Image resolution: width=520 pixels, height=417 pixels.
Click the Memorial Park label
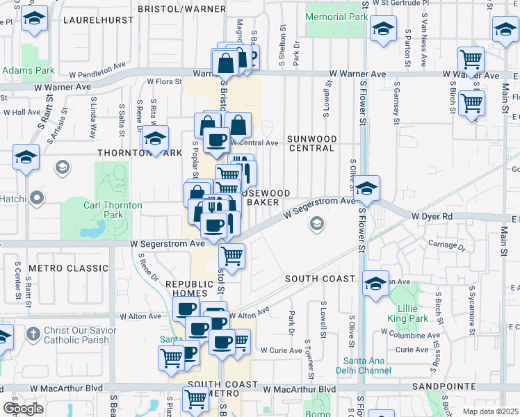(336, 17)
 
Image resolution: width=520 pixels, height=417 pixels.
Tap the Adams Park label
(28, 70)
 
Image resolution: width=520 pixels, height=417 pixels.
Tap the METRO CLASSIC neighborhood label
(60, 268)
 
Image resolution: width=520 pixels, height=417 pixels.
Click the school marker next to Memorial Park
(382, 29)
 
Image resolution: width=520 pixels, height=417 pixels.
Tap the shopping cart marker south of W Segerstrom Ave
(231, 255)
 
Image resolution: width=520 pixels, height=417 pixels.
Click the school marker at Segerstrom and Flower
(366, 188)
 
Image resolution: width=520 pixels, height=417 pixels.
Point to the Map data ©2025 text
(491, 411)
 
